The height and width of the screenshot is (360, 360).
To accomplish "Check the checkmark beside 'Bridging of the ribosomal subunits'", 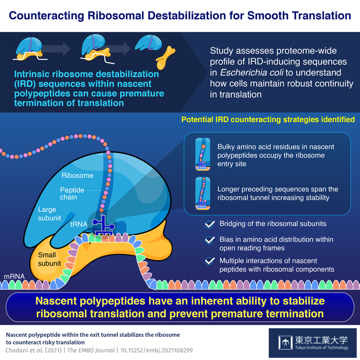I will (x=209, y=224).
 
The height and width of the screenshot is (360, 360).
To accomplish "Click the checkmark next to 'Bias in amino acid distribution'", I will (x=209, y=240).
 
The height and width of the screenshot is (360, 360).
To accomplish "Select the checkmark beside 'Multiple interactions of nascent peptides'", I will (x=209, y=261).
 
